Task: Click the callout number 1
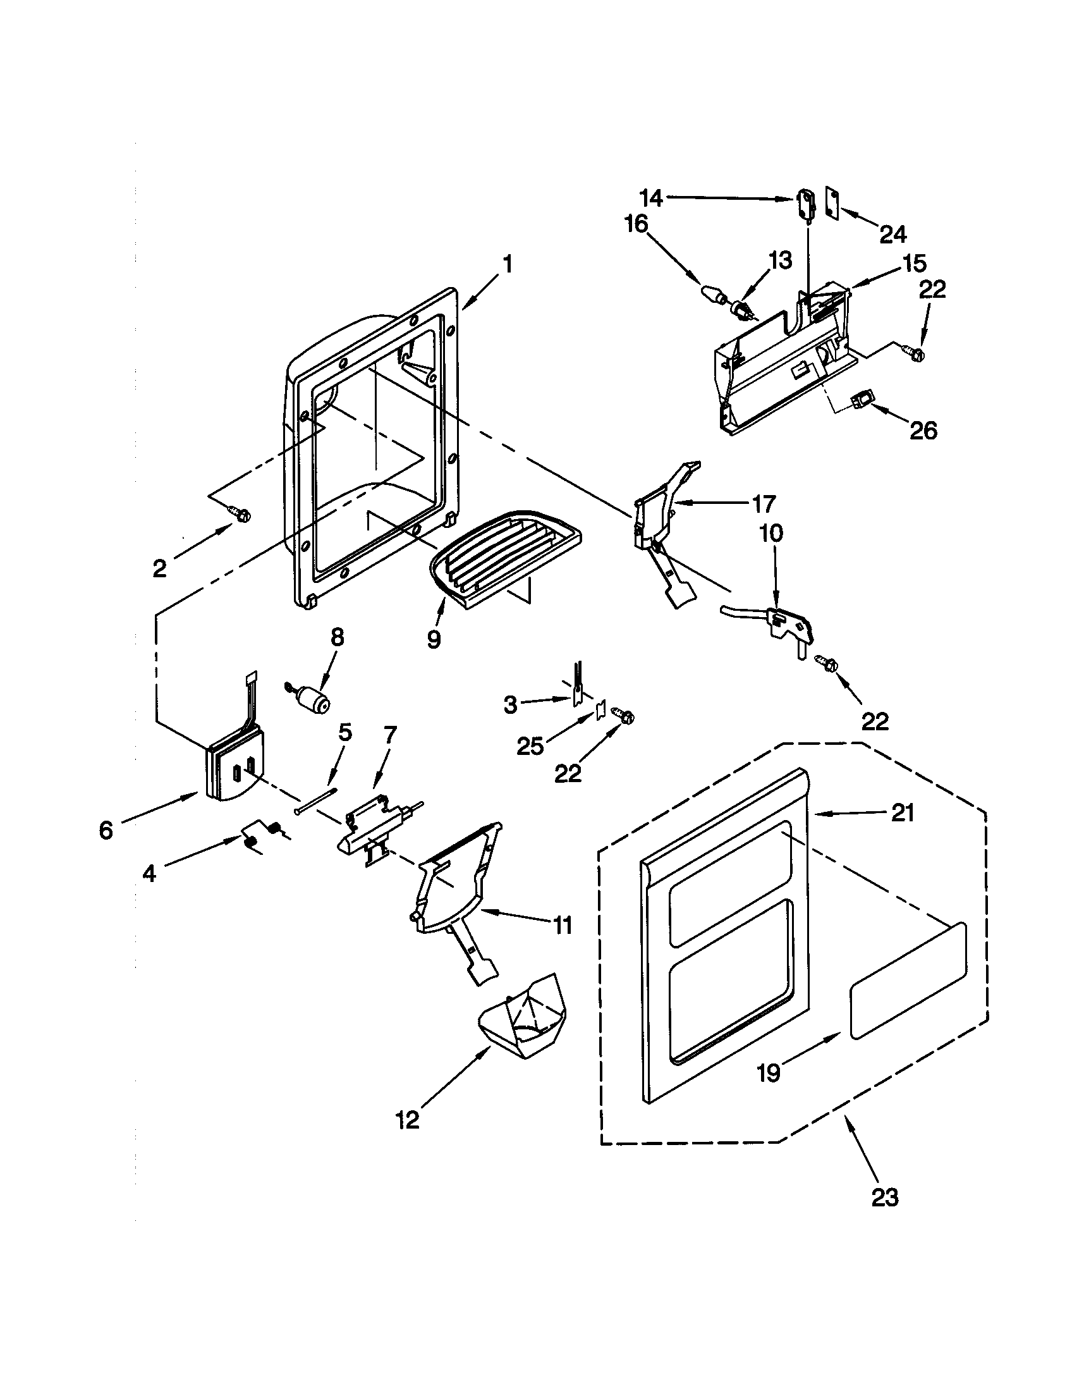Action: click(x=507, y=264)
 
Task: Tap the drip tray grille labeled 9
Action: click(x=503, y=556)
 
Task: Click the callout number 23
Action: click(x=884, y=1198)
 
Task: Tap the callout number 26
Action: click(x=923, y=431)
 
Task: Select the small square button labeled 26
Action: click(x=862, y=401)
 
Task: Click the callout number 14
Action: click(x=650, y=198)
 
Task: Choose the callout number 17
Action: click(x=764, y=504)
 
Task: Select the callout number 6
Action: click(x=106, y=831)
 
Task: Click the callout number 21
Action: click(x=903, y=813)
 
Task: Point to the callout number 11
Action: click(x=561, y=926)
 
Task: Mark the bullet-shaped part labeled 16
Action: click(x=713, y=295)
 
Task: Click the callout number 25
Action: click(x=530, y=746)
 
